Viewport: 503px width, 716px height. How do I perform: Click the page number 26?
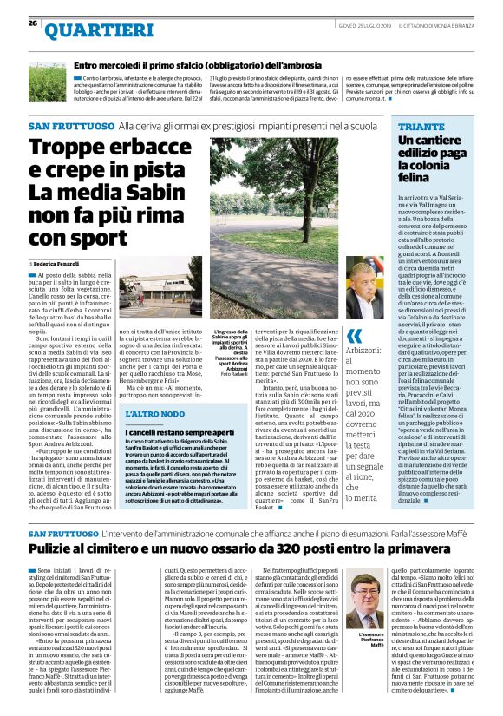pos(33,23)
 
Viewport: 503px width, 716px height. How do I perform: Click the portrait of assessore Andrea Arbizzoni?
pos(363,292)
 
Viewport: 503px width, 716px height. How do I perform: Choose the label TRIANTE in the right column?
pos(416,127)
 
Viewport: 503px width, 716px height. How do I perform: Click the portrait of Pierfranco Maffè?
pos(370,599)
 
